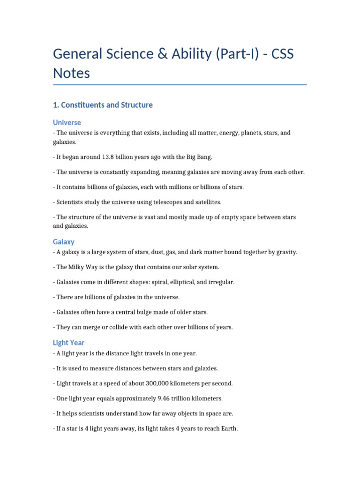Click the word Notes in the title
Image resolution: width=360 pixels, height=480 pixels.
(x=71, y=73)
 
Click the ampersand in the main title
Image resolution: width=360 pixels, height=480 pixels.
(x=163, y=54)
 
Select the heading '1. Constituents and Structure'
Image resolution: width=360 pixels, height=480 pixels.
(x=103, y=105)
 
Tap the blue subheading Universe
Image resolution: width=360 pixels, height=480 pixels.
(x=67, y=122)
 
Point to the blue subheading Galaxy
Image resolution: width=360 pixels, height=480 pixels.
(x=64, y=242)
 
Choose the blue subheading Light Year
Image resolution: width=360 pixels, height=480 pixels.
(x=69, y=343)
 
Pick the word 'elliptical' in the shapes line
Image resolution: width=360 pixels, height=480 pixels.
(x=192, y=282)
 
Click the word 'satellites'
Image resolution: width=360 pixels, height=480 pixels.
(x=206, y=202)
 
